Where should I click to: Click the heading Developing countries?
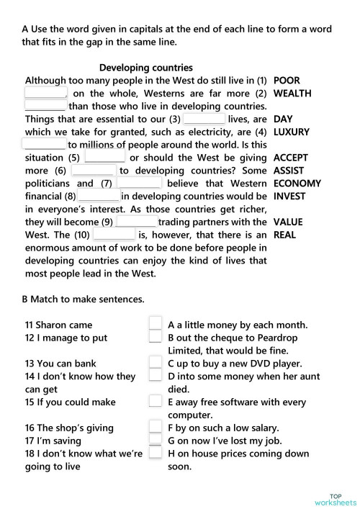[x=146, y=68]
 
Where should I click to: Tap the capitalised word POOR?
[x=287, y=81]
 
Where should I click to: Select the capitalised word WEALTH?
[x=292, y=94]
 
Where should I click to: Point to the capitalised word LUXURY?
[x=292, y=132]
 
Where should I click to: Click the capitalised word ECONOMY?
[x=297, y=184]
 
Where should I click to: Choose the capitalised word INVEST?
[x=289, y=196]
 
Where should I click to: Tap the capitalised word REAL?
[x=285, y=235]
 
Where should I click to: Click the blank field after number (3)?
[x=204, y=120]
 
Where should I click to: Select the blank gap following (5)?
[x=105, y=158]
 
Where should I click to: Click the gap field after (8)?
[x=99, y=197]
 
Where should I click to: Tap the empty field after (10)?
[x=114, y=235]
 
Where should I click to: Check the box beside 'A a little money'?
[x=155, y=324]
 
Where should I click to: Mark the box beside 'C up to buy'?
[x=155, y=364]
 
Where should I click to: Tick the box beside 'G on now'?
[x=155, y=441]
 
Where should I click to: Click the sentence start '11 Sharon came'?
[x=58, y=325]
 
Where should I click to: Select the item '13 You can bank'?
[x=60, y=364]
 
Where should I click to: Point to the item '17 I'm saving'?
[x=53, y=441]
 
